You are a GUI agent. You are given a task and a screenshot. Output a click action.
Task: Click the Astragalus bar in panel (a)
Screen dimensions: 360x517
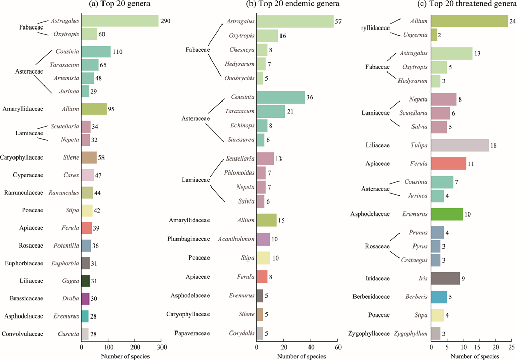[x=120, y=21]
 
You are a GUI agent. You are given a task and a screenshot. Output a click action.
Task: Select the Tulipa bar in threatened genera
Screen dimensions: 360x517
[x=460, y=146]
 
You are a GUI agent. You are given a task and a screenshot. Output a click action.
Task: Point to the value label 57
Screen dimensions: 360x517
[x=339, y=21]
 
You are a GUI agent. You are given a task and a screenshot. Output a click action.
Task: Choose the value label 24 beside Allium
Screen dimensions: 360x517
[x=513, y=21]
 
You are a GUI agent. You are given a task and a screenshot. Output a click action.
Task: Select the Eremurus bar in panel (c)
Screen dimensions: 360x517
[x=447, y=214]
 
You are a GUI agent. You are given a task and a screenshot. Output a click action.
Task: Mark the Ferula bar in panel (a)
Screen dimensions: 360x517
[x=86, y=227]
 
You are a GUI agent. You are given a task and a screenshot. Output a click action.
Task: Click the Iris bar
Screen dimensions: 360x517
[x=445, y=279]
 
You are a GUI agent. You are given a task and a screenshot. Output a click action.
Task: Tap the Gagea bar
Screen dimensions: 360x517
[x=85, y=281]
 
